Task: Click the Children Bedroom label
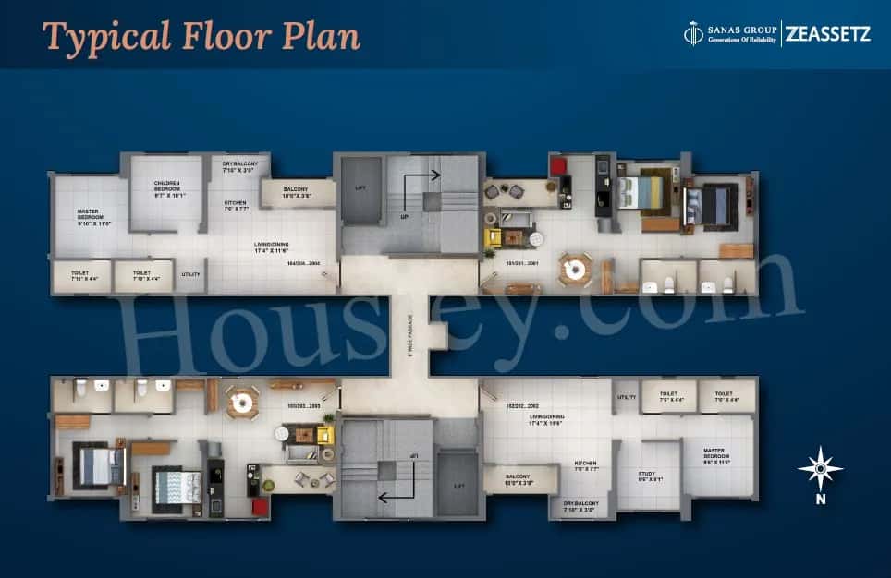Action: click(x=167, y=188)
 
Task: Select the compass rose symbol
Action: click(x=821, y=469)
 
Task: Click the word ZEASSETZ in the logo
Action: click(x=828, y=34)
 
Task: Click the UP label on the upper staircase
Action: click(x=404, y=218)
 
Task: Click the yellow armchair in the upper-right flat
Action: click(x=493, y=237)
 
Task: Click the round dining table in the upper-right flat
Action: click(x=575, y=268)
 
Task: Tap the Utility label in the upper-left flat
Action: click(x=191, y=274)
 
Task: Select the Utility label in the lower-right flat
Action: click(x=626, y=397)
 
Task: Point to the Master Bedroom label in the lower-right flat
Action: click(x=714, y=454)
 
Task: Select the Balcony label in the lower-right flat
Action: click(x=519, y=479)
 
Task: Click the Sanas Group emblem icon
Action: click(x=693, y=34)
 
